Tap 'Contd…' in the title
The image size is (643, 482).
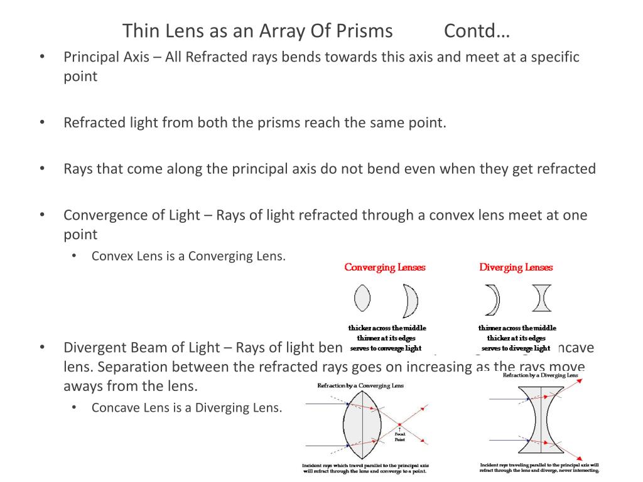click(478, 30)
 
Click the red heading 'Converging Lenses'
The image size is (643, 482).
click(385, 267)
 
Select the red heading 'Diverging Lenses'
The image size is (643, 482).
click(516, 267)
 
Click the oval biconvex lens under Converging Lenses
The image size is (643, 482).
click(362, 298)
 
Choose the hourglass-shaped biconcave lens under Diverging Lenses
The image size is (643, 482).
click(542, 298)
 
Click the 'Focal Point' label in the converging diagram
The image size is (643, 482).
click(399, 437)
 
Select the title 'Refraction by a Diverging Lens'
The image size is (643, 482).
click(540, 375)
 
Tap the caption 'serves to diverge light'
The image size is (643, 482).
click(516, 348)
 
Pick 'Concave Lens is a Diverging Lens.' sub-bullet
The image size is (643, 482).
click(187, 407)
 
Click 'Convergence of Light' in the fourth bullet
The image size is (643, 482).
click(131, 215)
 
